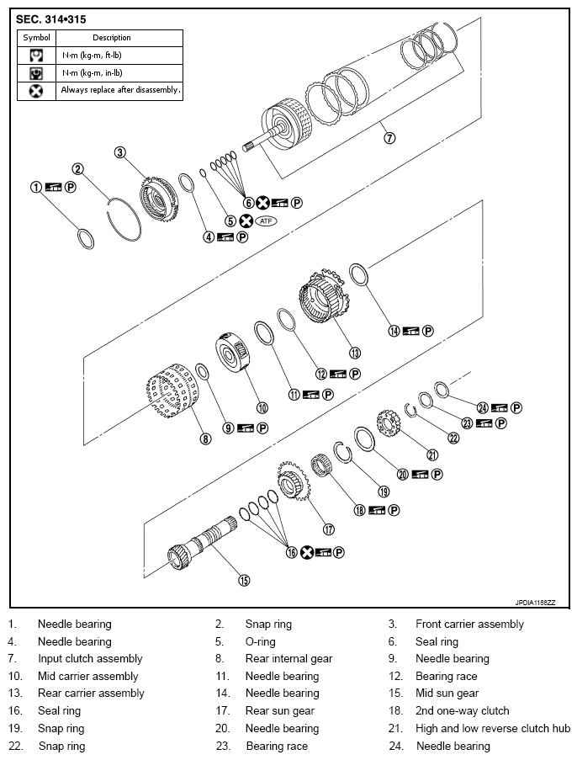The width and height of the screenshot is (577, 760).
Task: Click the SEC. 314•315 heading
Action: coord(50,18)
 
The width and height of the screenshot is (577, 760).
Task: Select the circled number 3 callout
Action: coord(120,152)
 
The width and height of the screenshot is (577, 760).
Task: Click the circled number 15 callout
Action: coord(244,579)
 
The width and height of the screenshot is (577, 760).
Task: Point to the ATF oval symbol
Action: coord(267,221)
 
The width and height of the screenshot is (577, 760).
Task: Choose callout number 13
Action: coord(354,353)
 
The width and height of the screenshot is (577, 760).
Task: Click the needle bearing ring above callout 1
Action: coord(85,238)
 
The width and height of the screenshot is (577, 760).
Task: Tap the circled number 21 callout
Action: coord(433,454)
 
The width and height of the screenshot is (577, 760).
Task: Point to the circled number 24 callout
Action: coord(482,407)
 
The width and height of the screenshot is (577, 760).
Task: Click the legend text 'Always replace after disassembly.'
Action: coord(121,89)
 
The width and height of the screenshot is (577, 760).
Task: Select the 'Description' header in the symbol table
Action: coord(112,37)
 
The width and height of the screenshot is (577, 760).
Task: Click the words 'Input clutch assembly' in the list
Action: coord(90,659)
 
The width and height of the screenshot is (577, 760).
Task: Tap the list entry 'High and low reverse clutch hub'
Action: coord(492,728)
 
